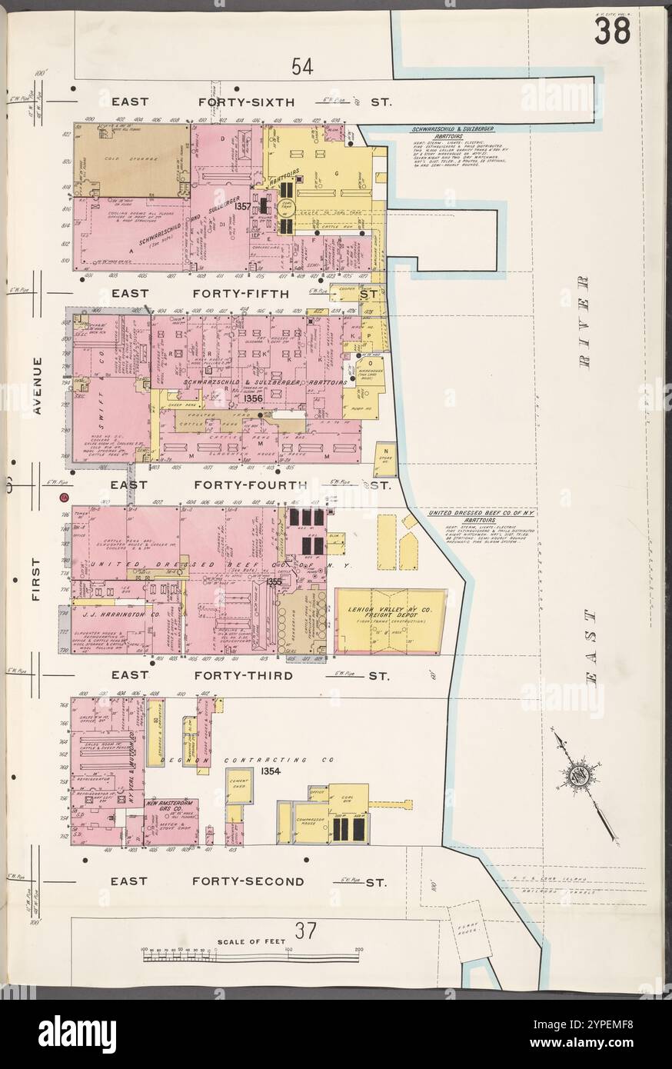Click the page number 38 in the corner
click(611, 32)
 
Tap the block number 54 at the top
click(302, 68)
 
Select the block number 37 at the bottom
click(305, 931)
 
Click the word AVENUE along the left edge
click(37, 385)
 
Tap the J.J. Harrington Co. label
click(115, 614)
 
